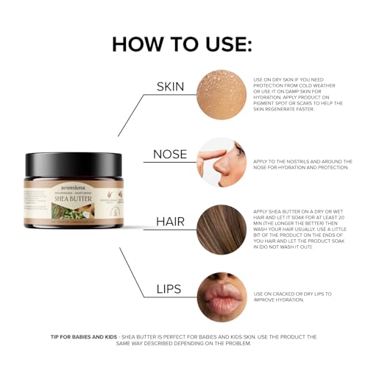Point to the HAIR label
(169, 221)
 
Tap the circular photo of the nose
(221, 162)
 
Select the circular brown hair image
(221, 229)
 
